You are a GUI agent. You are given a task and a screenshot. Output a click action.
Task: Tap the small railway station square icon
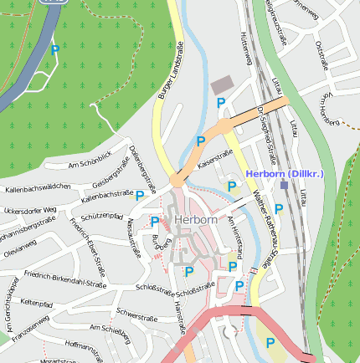284,185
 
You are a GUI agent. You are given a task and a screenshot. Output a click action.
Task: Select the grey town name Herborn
198,220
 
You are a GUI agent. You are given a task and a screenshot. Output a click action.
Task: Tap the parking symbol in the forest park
55,50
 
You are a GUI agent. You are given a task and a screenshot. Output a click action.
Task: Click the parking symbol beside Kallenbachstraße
140,195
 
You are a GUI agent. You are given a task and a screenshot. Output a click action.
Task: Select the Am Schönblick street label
90,160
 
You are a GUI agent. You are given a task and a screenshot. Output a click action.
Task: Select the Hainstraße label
180,320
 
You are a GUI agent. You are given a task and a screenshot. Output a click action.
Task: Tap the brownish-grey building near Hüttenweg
222,85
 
